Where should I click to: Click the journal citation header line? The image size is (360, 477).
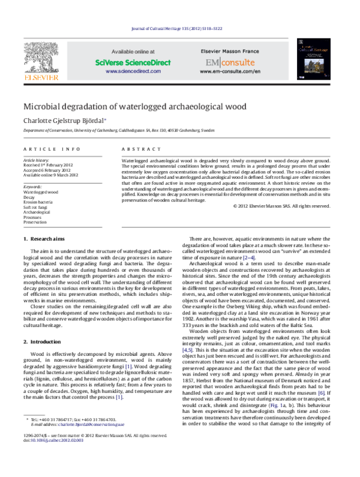(180, 29)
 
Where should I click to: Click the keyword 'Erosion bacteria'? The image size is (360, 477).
(37, 202)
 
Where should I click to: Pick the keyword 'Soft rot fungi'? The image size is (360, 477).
(35, 207)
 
